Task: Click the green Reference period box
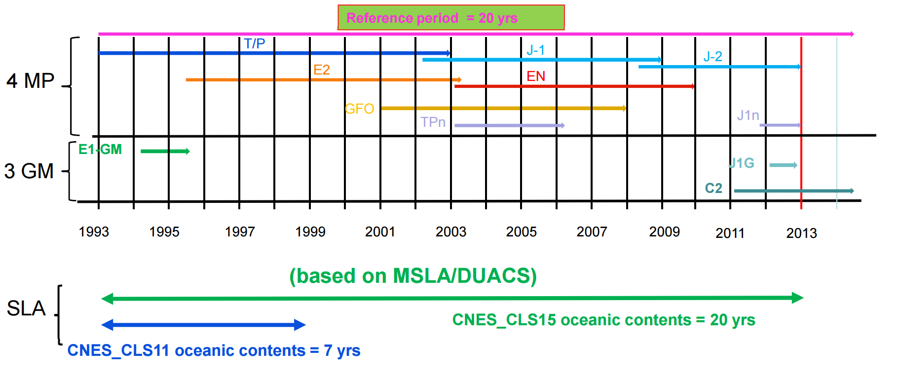click(451, 18)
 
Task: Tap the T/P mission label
click(255, 43)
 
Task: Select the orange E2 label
click(322, 70)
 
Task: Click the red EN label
click(536, 76)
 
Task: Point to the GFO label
click(359, 109)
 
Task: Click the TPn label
click(433, 122)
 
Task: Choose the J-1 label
click(536, 50)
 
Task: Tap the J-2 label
click(713, 56)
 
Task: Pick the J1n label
click(748, 115)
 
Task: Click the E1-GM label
click(100, 149)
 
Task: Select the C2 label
click(713, 188)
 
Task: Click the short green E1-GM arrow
click(165, 151)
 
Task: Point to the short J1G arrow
click(784, 165)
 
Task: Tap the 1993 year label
click(94, 231)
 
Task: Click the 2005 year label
click(522, 231)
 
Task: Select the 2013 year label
click(802, 233)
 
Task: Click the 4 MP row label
click(31, 80)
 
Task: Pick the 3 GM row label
click(29, 171)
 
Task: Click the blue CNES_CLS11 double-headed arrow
click(203, 325)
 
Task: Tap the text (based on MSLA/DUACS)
click(413, 276)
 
